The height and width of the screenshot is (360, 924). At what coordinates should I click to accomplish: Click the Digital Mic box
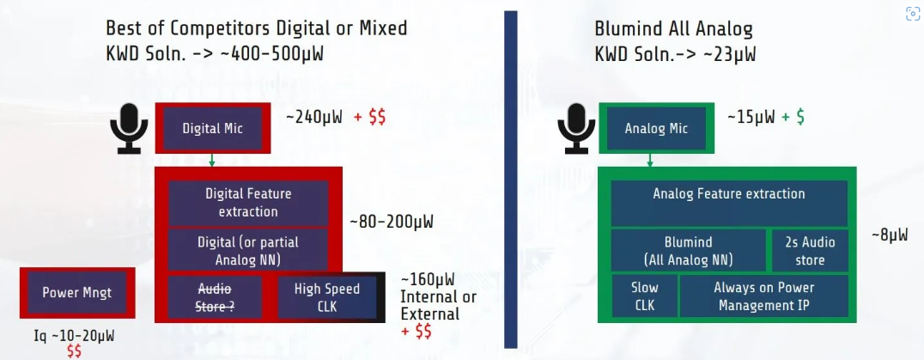213,128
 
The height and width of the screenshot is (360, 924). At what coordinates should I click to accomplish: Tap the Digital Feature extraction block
248,203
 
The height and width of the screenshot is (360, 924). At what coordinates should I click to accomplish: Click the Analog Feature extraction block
729,203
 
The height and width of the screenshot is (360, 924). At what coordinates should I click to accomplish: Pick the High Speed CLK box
327,297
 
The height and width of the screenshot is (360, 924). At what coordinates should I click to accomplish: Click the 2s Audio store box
810,250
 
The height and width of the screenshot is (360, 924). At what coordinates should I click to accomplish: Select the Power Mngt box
77,292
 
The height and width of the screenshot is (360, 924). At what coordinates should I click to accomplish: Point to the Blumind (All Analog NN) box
690,250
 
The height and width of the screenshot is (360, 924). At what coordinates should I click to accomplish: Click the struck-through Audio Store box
215,297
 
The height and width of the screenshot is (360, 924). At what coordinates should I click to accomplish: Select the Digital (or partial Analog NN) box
248,250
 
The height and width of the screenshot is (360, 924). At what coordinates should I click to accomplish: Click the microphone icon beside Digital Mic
129,128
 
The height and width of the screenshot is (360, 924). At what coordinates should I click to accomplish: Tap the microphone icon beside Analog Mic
575,128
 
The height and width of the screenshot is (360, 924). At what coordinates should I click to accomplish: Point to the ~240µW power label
314,117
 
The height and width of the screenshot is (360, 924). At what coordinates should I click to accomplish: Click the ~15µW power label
751,117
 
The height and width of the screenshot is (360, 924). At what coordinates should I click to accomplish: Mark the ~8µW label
890,235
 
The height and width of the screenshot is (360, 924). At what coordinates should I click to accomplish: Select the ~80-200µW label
392,223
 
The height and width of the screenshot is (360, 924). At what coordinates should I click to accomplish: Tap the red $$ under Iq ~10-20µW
74,351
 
